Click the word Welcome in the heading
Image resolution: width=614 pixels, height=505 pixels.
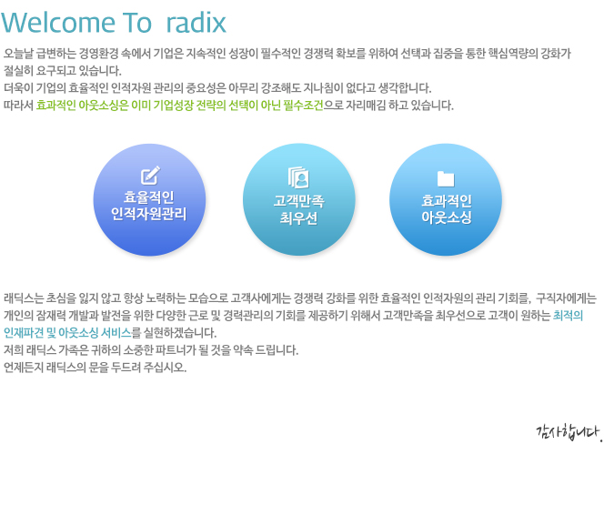tap(58, 23)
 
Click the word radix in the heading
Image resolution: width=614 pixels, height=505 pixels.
tap(196, 23)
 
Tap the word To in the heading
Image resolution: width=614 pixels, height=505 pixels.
tap(136, 23)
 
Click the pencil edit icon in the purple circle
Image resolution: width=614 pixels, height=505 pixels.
tap(150, 175)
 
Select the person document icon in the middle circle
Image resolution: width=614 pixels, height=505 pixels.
tap(298, 177)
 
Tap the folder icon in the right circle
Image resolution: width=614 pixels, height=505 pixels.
tap(446, 178)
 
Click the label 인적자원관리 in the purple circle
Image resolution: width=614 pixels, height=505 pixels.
tap(149, 215)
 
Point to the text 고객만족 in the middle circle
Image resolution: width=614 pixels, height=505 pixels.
tap(298, 201)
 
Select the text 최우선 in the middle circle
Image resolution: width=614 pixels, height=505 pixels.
tap(298, 218)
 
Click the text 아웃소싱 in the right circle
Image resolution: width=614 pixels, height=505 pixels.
tap(447, 217)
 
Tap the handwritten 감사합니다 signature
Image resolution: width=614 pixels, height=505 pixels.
tap(569, 433)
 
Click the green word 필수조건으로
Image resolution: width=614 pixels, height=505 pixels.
tap(313, 106)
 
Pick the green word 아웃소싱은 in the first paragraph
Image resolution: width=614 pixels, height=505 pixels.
tap(104, 106)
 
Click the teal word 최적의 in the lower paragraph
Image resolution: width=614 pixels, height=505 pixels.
tap(568, 316)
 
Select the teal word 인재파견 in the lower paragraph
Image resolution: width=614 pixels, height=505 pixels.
tap(24, 333)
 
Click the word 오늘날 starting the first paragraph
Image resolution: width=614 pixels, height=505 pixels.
tap(18, 54)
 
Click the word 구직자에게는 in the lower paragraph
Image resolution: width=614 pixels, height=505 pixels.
tap(566, 298)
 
